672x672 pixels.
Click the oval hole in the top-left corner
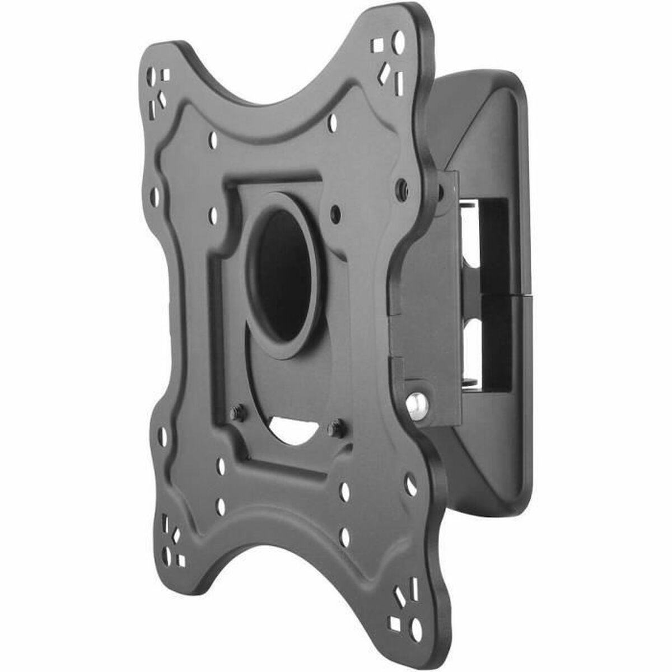pyautogui.click(x=151, y=76)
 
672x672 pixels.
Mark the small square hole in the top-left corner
pyautogui.click(x=165, y=74)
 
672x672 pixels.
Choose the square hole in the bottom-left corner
pyautogui.click(x=180, y=560)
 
